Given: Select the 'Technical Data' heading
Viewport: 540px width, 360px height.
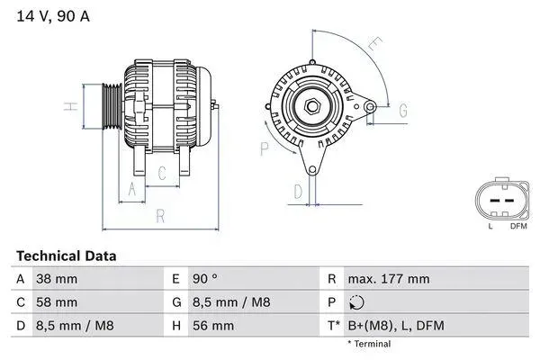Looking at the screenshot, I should [x=66, y=256].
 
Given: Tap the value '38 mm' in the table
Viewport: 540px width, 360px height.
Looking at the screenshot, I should [x=56, y=279].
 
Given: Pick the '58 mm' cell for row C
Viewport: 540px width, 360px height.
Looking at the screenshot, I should [x=56, y=302].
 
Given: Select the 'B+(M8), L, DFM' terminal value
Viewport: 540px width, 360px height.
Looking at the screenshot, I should [x=397, y=326].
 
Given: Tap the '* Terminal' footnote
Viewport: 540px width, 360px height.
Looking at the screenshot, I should [x=369, y=344].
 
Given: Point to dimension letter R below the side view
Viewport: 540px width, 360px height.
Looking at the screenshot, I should [x=159, y=216].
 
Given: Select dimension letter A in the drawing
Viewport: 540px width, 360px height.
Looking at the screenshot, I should [x=132, y=188].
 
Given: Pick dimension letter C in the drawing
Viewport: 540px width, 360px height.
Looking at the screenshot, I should [x=162, y=173].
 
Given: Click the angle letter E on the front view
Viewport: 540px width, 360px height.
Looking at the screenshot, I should [x=374, y=42].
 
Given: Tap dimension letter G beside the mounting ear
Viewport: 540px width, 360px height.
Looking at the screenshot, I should [x=403, y=110].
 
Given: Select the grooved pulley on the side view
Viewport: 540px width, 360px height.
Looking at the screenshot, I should [x=112, y=107].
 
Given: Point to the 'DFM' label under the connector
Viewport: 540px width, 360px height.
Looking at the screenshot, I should [x=518, y=227].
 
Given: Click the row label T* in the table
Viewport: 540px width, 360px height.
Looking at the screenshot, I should [x=333, y=326].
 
